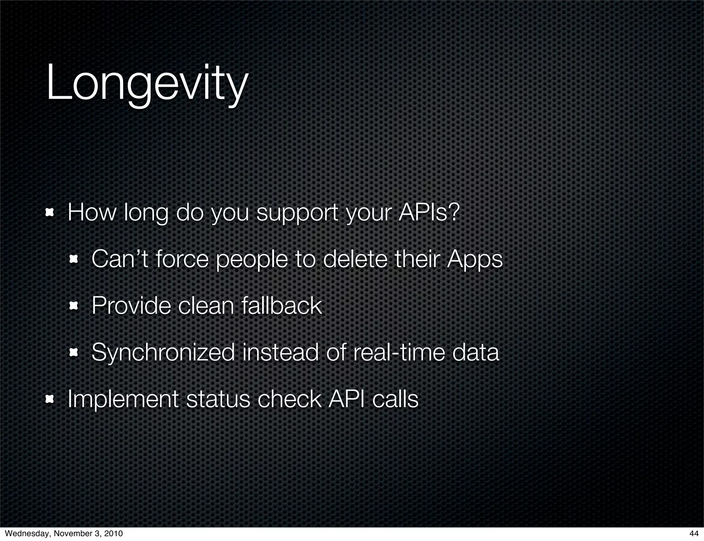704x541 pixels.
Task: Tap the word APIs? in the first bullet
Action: pos(429,212)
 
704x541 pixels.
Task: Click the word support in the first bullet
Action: pos(297,214)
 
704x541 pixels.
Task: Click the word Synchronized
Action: pos(163,353)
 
